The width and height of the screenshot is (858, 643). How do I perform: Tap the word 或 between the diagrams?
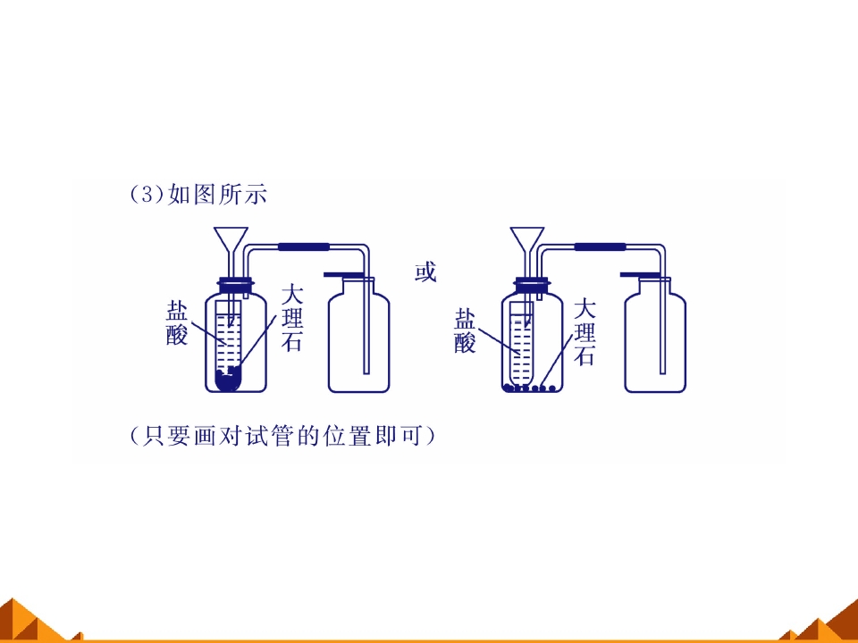425,271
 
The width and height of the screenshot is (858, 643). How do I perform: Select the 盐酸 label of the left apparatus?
177,324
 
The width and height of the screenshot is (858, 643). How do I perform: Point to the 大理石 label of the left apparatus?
291,318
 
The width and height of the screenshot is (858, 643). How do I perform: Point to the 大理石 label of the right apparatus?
585,332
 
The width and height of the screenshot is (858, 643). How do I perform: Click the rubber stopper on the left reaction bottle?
236,285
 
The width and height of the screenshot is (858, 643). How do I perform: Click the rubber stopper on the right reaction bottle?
533,285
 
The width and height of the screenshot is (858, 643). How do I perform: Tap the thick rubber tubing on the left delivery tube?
304,247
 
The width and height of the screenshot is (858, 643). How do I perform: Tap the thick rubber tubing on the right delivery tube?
600,247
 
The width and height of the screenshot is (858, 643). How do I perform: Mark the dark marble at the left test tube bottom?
228,380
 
